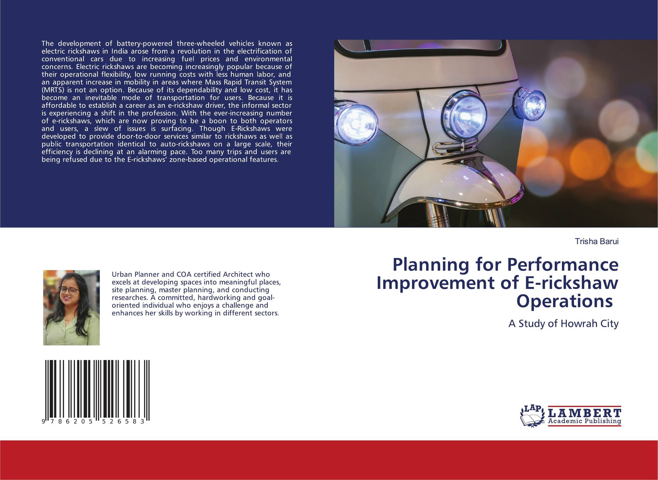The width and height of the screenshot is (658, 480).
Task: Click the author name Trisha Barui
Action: (596, 241)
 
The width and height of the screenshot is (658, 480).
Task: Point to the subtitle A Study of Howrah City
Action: (564, 324)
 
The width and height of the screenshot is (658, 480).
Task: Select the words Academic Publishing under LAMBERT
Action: (585, 421)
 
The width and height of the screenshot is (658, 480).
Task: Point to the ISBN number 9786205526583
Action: (93, 422)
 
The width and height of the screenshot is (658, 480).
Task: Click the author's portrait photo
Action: (71, 308)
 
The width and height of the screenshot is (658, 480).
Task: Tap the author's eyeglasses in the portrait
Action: (69, 290)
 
